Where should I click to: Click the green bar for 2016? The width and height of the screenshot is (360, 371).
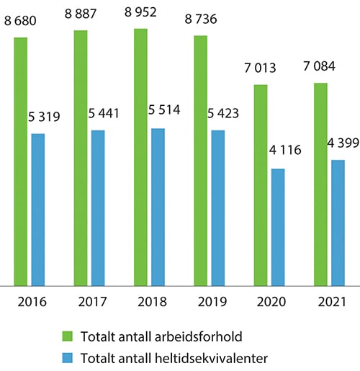pyautogui.click(x=20, y=161)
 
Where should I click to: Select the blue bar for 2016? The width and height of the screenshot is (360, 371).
pyautogui.click(x=38, y=210)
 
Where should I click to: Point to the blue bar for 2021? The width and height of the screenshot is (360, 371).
pyautogui.click(x=338, y=223)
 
